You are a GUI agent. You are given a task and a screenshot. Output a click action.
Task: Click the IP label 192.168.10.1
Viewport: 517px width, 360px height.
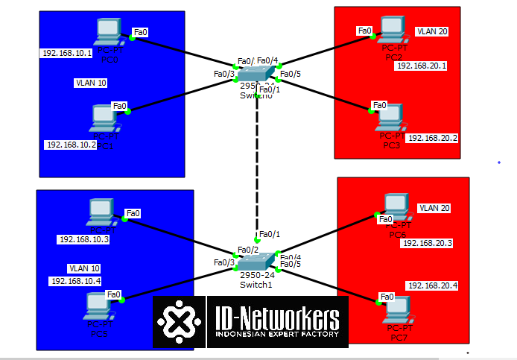pyautogui.click(x=68, y=54)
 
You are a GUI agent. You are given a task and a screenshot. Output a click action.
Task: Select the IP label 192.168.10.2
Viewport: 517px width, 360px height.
pyautogui.click(x=72, y=145)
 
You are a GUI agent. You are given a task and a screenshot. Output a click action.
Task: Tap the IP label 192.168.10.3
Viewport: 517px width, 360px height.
pyautogui.click(x=83, y=239)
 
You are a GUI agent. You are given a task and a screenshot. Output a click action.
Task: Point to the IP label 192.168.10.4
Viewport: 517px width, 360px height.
pyautogui.click(x=75, y=281)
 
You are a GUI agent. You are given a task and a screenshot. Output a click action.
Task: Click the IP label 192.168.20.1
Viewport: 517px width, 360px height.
pyautogui.click(x=422, y=66)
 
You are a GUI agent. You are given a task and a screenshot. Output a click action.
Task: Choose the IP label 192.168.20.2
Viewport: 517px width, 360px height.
pyautogui.click(x=432, y=139)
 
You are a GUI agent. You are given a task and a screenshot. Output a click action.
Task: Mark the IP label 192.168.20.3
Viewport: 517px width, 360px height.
pyautogui.click(x=428, y=243)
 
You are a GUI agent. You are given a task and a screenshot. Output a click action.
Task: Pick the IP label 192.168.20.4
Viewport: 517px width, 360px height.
pyautogui.click(x=432, y=286)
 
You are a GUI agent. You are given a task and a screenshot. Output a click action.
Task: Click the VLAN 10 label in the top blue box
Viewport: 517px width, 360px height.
pyautogui.click(x=90, y=83)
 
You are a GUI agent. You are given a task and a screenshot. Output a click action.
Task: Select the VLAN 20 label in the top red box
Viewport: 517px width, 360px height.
pyautogui.click(x=432, y=32)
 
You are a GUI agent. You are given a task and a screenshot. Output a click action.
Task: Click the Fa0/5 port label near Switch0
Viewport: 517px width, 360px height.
pyautogui.click(x=290, y=74)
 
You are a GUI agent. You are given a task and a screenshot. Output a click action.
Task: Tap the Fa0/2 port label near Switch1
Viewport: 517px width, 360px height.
pyautogui.click(x=248, y=250)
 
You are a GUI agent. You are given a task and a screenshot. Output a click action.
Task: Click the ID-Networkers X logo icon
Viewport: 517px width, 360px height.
pyautogui.click(x=179, y=322)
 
